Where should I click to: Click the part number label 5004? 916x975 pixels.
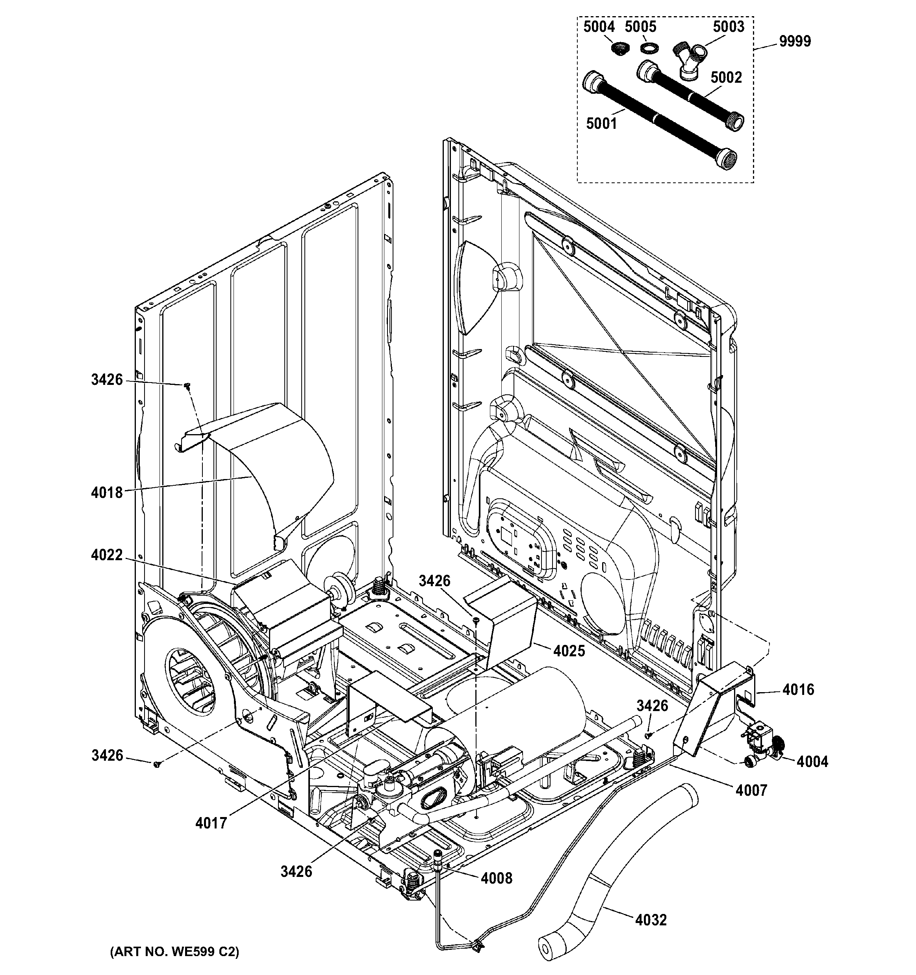(599, 27)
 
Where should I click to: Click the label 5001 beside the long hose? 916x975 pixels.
(602, 124)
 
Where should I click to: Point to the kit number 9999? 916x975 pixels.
(795, 41)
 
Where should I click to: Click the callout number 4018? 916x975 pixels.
(106, 492)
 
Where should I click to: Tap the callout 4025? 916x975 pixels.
(569, 651)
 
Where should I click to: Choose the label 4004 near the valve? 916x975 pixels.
(812, 761)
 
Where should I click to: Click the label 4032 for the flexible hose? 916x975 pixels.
(651, 921)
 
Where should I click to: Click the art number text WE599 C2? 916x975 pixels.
(174, 951)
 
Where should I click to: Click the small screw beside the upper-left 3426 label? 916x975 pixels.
(187, 386)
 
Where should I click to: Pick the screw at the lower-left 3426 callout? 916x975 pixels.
(157, 765)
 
